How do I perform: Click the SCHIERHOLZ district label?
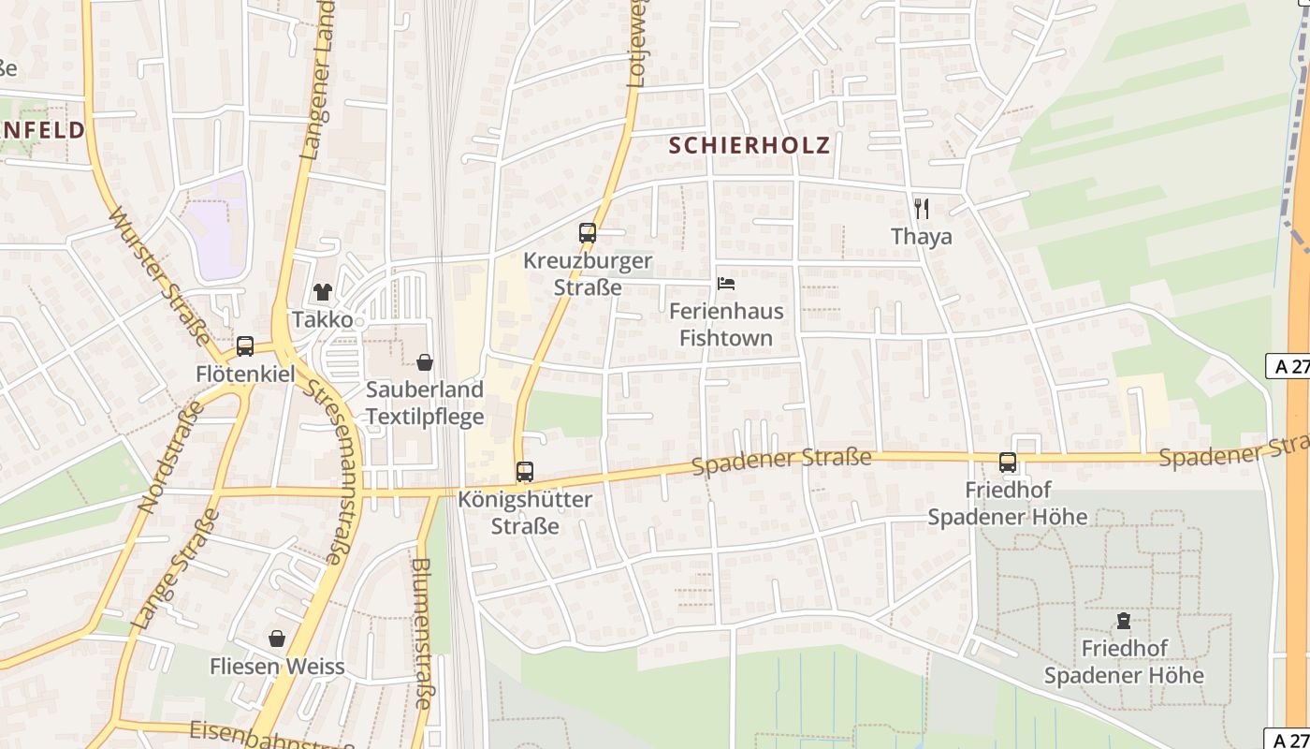point(750,145)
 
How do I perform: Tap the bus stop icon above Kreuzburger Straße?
point(588,233)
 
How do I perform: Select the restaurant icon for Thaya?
point(922,209)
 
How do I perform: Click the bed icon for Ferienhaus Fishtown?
point(725,284)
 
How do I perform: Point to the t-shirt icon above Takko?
point(323,292)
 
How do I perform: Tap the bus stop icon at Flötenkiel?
point(245,346)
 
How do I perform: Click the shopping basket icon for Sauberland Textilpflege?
point(425,362)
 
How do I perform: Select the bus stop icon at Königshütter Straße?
point(525,472)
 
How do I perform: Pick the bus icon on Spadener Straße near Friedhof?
point(1007,463)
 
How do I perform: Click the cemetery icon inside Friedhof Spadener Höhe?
point(1123,621)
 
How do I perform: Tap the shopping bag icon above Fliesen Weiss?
point(277,639)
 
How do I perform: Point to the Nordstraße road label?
point(170,457)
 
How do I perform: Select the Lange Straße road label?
point(177,568)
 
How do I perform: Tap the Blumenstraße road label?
point(422,633)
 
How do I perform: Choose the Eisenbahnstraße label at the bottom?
point(271,735)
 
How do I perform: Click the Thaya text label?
point(922,237)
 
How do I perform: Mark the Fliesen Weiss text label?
point(277,668)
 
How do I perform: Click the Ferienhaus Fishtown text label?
point(726,325)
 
